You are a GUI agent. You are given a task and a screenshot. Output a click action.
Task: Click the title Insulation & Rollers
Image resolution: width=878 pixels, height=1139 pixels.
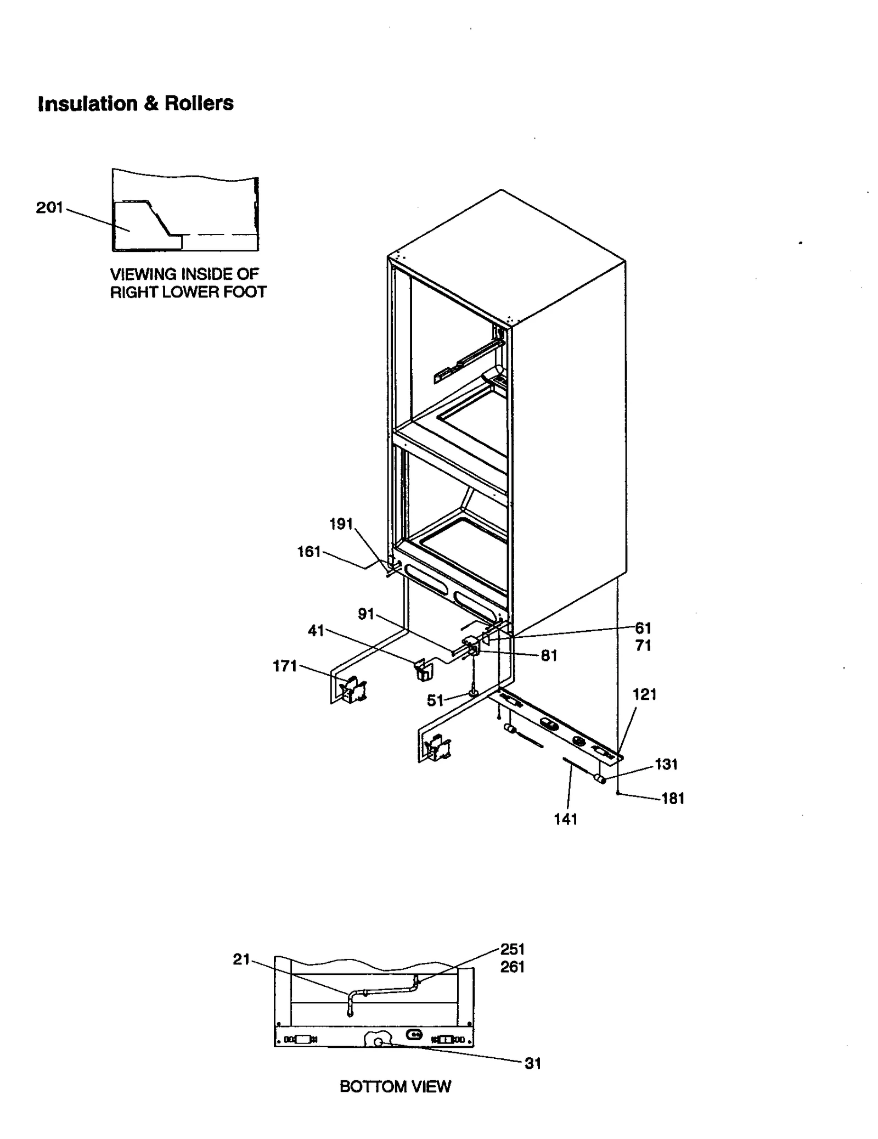pyautogui.click(x=136, y=103)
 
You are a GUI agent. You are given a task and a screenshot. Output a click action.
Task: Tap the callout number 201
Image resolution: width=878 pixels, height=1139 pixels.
pyautogui.click(x=49, y=208)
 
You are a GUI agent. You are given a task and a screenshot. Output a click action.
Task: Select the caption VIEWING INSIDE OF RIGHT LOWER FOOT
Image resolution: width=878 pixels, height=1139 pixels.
pyautogui.click(x=188, y=283)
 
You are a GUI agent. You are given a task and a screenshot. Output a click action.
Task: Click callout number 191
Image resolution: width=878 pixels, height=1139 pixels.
pyautogui.click(x=341, y=524)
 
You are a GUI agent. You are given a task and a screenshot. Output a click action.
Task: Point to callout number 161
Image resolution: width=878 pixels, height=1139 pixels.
pyautogui.click(x=309, y=552)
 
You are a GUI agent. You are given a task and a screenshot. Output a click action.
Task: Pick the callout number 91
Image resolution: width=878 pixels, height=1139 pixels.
pyautogui.click(x=366, y=614)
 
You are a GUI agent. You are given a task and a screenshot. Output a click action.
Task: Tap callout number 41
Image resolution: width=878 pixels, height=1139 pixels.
pyautogui.click(x=316, y=631)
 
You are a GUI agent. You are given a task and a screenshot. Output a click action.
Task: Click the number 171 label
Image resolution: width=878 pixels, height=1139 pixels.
pyautogui.click(x=285, y=666)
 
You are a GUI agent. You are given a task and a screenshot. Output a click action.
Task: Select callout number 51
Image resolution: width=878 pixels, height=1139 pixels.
pyautogui.click(x=435, y=700)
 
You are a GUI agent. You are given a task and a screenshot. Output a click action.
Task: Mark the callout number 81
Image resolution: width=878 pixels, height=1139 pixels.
pyautogui.click(x=549, y=655)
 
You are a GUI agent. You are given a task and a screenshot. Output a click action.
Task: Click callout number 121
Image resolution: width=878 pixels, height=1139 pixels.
pyautogui.click(x=644, y=694)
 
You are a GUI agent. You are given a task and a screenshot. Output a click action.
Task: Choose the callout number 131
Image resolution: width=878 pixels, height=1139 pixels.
pyautogui.click(x=666, y=764)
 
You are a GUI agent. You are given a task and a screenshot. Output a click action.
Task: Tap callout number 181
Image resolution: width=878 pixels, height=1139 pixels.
pyautogui.click(x=673, y=799)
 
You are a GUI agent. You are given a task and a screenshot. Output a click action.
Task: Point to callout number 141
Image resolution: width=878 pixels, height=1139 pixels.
pyautogui.click(x=566, y=820)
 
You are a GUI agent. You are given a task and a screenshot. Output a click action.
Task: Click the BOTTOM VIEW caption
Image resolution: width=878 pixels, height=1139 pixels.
pyautogui.click(x=395, y=1086)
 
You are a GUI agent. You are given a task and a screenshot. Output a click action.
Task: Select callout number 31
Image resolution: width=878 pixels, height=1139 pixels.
pyautogui.click(x=533, y=1063)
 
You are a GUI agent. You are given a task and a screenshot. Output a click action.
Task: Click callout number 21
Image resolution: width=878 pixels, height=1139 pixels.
pyautogui.click(x=241, y=959)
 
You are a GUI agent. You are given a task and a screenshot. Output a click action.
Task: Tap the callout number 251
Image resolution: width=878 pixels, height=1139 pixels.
pyautogui.click(x=513, y=949)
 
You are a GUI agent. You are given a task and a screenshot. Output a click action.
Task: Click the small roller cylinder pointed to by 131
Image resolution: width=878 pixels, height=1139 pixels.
pyautogui.click(x=600, y=778)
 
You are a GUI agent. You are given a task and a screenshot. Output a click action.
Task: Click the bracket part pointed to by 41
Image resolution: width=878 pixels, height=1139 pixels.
pyautogui.click(x=423, y=671)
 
